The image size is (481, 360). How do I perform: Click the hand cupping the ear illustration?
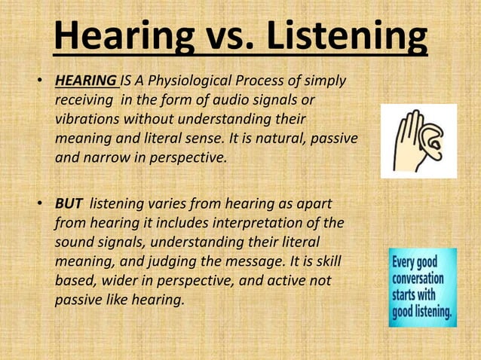418,141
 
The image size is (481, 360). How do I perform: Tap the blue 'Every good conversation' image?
422,287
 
